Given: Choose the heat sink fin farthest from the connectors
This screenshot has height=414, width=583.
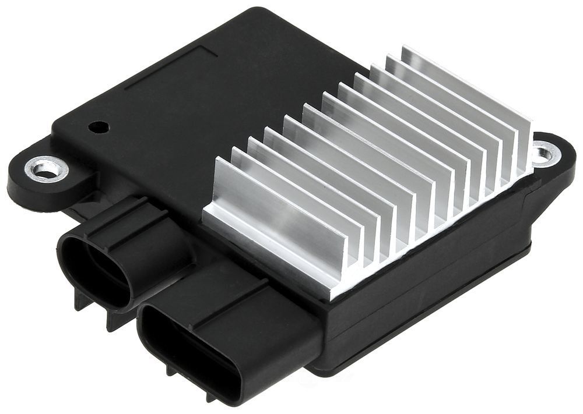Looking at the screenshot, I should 466,87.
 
